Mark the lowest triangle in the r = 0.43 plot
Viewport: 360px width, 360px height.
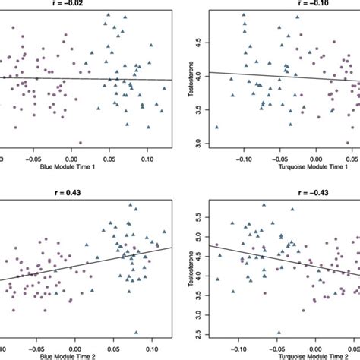tap(136, 332)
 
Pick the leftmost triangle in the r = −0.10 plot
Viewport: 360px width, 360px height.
tap(217, 128)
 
